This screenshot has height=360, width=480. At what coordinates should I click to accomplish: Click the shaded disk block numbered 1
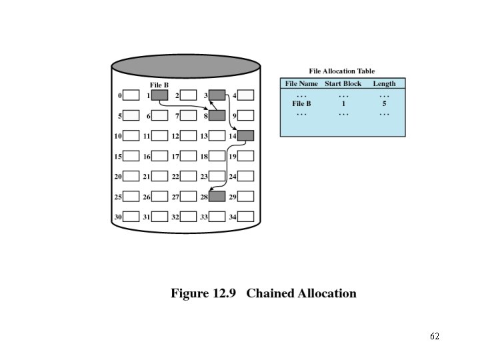(159, 95)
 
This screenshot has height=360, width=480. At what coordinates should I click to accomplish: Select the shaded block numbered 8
(217, 115)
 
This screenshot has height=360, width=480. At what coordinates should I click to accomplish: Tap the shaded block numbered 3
(217, 95)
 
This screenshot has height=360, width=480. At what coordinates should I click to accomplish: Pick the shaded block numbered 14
(246, 135)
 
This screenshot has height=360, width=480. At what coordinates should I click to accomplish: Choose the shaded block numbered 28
(217, 197)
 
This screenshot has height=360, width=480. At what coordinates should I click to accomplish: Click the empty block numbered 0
(131, 95)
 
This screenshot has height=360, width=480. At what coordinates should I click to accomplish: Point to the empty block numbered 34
(246, 217)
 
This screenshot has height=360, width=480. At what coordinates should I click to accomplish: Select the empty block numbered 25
(131, 197)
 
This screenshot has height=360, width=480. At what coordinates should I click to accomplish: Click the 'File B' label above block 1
(159, 85)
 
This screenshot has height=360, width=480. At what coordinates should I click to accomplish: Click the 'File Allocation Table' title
(342, 71)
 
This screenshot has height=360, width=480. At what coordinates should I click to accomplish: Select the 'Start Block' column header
(343, 83)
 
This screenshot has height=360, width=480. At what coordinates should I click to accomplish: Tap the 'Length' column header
(384, 83)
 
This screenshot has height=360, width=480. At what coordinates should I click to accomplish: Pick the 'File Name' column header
(301, 83)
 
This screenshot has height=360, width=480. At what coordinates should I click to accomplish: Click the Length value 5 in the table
(384, 104)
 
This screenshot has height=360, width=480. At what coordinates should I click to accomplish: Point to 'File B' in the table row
(301, 104)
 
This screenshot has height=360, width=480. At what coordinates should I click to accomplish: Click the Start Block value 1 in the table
(343, 104)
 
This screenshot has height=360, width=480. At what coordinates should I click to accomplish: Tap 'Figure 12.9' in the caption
(205, 293)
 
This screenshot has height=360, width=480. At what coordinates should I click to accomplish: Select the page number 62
(435, 336)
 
